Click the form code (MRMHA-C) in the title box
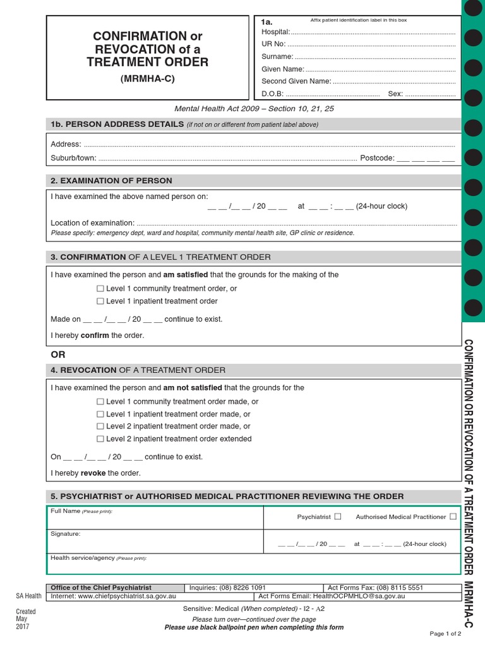tap(147, 79)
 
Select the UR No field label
tap(273, 44)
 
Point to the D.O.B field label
tap(272, 94)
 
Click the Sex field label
tap(395, 94)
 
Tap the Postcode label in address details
tap(377, 158)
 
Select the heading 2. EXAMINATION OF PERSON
tap(111, 181)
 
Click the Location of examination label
tap(92, 222)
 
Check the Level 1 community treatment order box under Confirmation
tap(100, 289)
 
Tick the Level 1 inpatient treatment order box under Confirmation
tap(100, 301)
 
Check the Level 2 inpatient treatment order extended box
tap(100, 438)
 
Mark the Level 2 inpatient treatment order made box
tap(100, 426)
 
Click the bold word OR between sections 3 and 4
tap(58, 354)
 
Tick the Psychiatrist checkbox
tap(338, 516)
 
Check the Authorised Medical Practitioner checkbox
tap(453, 516)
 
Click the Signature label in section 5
tap(65, 534)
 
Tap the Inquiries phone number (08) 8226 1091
tap(242, 587)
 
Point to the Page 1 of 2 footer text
tap(445, 633)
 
